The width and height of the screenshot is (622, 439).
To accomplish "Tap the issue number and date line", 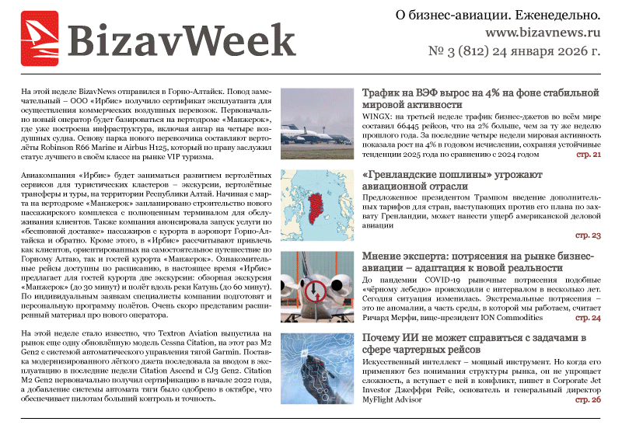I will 514,54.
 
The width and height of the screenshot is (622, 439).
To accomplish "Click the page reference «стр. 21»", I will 588,155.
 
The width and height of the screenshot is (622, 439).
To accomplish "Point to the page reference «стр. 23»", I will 588,235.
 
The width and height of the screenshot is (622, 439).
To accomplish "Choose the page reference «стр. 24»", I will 588,317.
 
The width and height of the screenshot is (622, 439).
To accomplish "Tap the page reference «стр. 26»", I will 588,399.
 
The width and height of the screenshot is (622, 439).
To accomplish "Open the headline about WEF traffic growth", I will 477,97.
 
